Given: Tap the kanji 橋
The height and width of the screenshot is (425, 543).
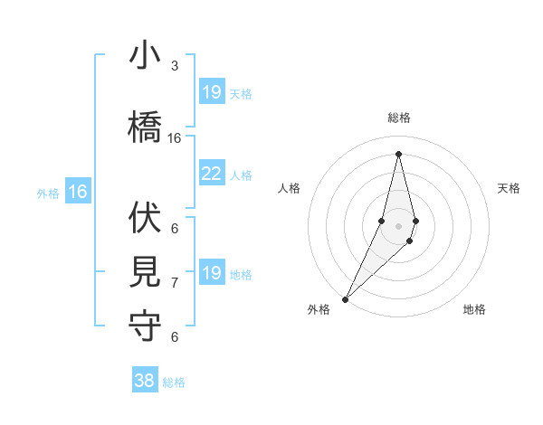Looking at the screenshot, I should pos(145,124).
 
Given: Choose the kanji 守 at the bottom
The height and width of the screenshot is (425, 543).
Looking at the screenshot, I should pos(145,326).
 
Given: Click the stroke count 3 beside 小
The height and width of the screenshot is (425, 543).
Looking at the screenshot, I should pos(175,66).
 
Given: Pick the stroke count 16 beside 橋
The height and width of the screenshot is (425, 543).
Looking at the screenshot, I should pos(175,138).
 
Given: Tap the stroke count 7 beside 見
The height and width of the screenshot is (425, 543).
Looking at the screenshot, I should pos(175,283).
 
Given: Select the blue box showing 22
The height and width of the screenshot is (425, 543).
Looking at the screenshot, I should pos(211,174).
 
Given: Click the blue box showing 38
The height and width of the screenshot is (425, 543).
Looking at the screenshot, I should pos(145,381).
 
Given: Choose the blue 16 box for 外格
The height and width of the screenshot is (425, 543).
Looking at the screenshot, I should pos(78,192).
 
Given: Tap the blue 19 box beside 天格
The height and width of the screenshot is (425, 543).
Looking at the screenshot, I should pos(211,92).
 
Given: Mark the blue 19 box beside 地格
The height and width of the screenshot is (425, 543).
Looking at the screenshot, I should pos(211,273).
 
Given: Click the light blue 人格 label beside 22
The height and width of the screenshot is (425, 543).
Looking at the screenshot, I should pos(241,175).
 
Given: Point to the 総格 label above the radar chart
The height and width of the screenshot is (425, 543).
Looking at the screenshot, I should pos(398,118).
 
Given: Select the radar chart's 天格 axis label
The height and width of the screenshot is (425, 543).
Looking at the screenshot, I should pos(509,188).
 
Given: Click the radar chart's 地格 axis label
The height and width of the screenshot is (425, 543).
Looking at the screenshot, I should pos(474,309).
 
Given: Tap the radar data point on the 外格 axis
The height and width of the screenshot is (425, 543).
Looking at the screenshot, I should pos(346,298).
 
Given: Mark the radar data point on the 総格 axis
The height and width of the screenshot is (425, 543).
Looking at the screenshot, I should pos(398,153).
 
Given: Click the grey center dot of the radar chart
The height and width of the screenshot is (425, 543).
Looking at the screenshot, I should pos(398,226).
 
